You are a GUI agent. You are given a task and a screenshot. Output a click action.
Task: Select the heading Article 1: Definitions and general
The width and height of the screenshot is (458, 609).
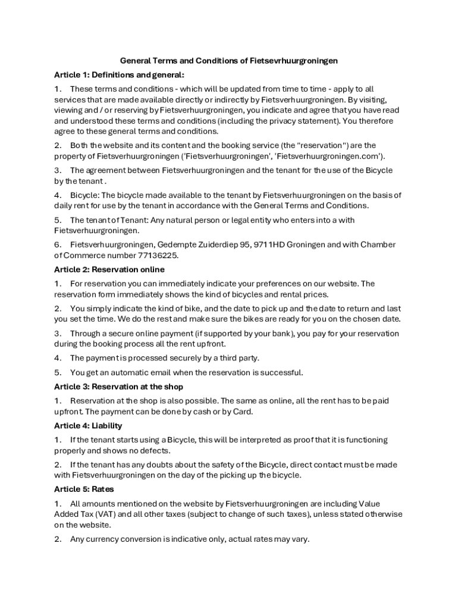119,75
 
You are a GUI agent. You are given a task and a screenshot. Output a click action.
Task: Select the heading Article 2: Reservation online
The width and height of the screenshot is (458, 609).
109,269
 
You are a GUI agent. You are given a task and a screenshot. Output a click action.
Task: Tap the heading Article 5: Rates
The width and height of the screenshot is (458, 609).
84,489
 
